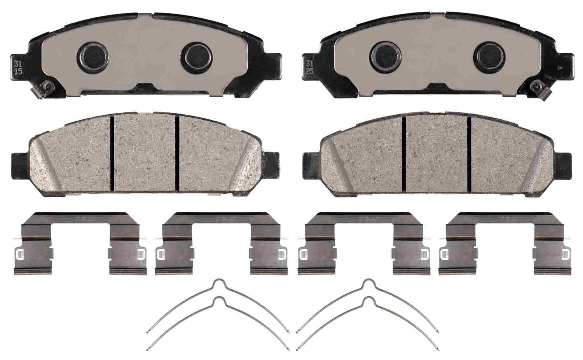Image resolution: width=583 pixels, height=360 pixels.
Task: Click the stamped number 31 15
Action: [x=18, y=67]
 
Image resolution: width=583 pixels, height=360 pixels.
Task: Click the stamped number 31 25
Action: [x=310, y=67]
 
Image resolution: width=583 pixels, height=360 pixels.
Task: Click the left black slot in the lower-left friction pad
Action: [x=112, y=154]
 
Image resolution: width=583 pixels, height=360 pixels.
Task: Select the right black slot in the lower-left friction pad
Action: [x=177, y=154]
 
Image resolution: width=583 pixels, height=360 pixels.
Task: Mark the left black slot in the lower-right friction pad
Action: [x=404, y=154]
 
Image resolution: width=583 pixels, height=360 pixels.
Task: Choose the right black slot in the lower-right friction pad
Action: [x=469, y=154]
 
